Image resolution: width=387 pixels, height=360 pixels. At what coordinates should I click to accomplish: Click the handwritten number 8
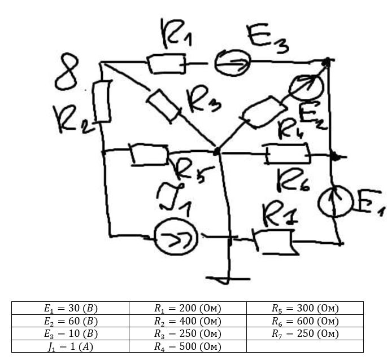pos(66,71)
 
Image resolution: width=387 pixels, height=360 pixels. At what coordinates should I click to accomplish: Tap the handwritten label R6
pos(293,180)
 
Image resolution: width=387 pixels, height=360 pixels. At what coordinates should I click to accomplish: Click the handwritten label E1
pos(371,203)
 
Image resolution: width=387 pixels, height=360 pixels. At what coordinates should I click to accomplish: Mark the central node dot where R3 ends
pos(217,151)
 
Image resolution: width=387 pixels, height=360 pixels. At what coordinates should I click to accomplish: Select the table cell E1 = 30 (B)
pos(71,308)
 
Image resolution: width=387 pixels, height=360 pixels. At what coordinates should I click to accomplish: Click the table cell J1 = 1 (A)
pos(71,346)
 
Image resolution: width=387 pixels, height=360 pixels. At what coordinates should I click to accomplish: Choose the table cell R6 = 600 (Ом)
pos(305,321)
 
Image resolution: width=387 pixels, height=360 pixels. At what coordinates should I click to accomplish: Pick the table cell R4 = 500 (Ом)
pos(188,346)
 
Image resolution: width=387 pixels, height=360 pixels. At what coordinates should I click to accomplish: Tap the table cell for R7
pos(305,334)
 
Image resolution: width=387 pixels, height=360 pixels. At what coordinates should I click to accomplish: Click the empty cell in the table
pos(305,346)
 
